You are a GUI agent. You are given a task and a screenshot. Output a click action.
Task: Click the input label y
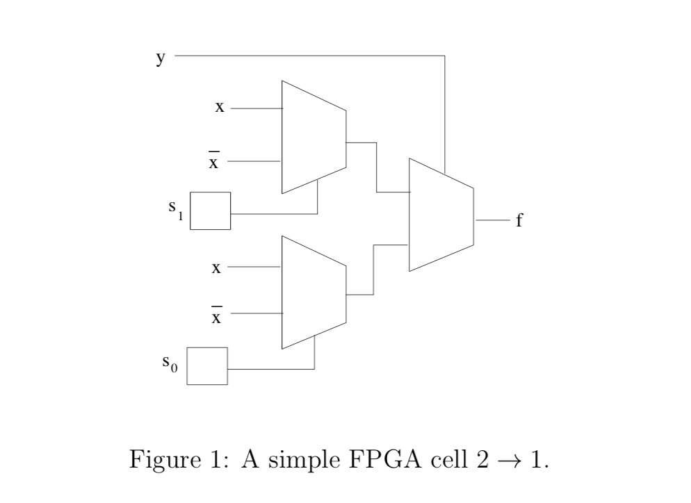coord(161,58)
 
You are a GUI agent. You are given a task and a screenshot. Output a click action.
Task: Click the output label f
coord(519,221)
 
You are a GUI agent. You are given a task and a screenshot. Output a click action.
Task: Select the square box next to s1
coord(210,211)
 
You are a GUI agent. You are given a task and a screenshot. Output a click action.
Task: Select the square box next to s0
coord(208,365)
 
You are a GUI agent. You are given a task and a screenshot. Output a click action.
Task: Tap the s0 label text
coord(170,363)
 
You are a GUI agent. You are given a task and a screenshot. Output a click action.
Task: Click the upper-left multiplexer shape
coord(314,137)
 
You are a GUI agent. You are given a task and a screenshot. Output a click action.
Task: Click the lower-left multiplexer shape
coord(314,292)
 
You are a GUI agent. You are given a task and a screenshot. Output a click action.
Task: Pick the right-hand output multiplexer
coord(441,215)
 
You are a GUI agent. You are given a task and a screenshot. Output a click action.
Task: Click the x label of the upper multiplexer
coord(220,108)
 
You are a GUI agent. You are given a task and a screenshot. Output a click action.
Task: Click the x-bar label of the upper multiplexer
coord(215,162)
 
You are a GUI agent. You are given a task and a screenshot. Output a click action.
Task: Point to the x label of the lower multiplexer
coord(217,267)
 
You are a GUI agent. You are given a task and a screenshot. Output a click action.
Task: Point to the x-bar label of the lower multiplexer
coord(216,317)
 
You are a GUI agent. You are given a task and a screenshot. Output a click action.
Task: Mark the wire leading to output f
coord(492,220)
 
